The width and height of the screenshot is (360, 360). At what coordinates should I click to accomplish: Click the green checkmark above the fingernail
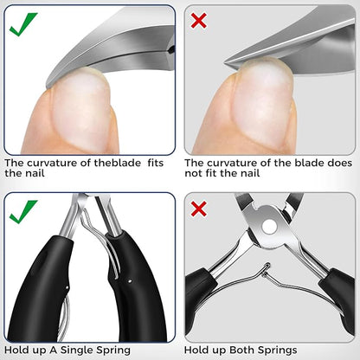point(22,24)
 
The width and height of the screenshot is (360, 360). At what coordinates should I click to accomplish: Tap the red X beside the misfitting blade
point(199,21)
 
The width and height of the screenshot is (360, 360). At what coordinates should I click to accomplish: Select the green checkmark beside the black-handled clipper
point(22,211)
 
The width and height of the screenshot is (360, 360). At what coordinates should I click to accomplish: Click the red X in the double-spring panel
point(199,209)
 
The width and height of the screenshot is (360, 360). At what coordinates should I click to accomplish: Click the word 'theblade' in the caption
point(118,163)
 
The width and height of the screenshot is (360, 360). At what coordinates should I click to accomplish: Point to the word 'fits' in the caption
point(156,163)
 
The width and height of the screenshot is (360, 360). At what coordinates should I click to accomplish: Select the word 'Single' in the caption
point(76,350)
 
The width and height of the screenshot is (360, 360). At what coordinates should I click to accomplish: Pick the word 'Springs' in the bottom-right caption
point(277,350)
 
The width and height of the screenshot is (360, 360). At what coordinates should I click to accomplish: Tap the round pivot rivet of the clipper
point(270,226)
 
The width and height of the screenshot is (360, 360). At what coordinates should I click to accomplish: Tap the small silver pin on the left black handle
point(67,287)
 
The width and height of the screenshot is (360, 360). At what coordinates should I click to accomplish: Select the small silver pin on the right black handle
point(130,280)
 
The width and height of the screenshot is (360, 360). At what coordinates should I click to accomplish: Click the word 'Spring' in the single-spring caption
point(113,350)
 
